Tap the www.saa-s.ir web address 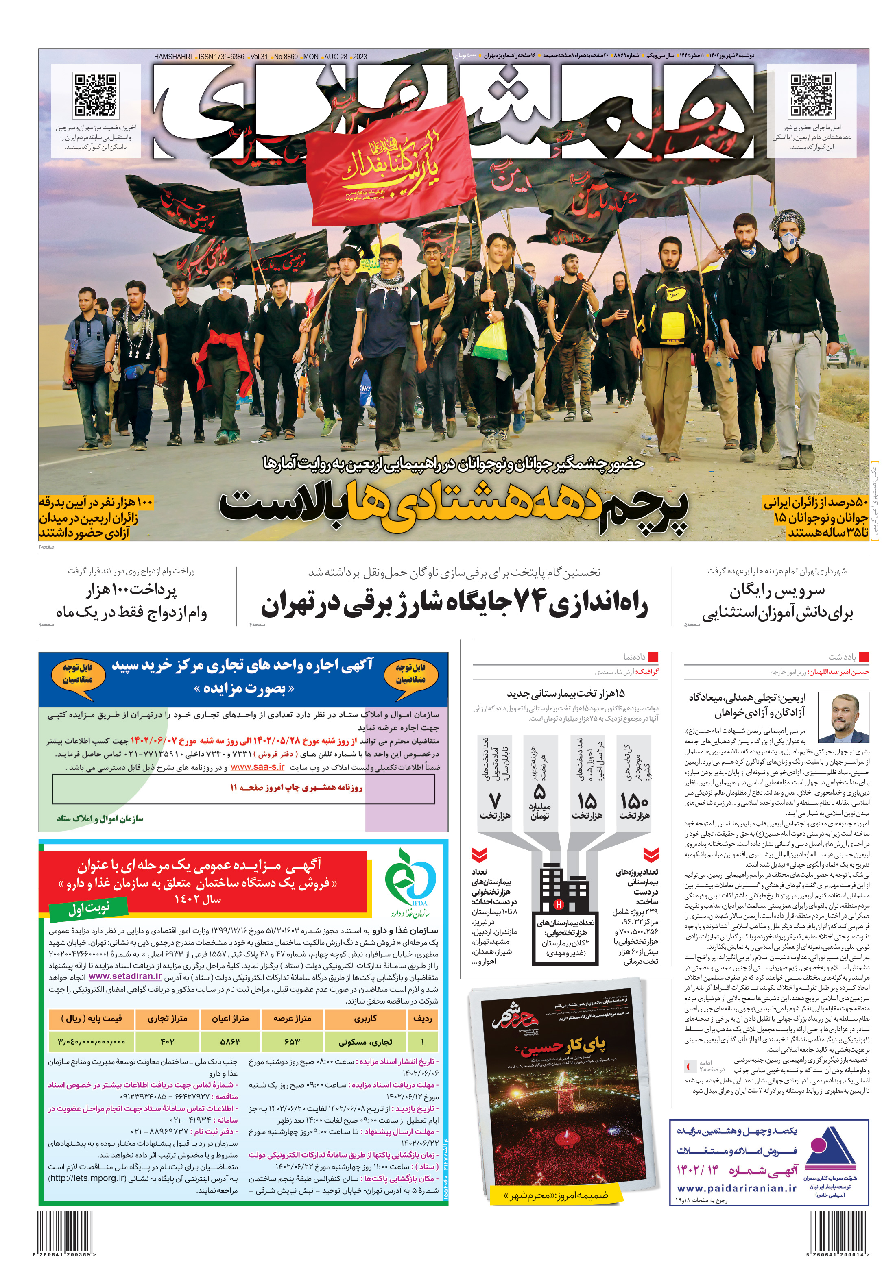tap(257, 767)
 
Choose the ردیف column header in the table tap(423, 1019)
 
